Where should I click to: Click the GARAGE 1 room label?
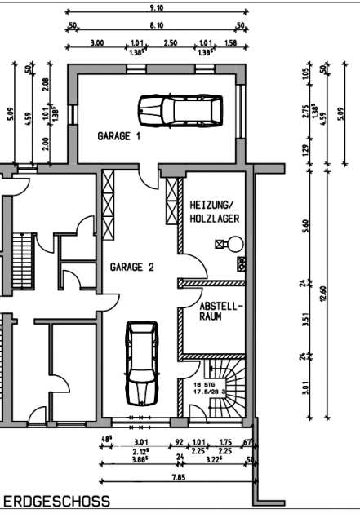(119, 137)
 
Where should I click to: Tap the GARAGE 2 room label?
(132, 267)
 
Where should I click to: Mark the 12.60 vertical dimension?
(324, 292)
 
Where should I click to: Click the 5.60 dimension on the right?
(307, 226)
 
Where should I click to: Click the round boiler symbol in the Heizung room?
(235, 242)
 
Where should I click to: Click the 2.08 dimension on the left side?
(46, 85)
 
